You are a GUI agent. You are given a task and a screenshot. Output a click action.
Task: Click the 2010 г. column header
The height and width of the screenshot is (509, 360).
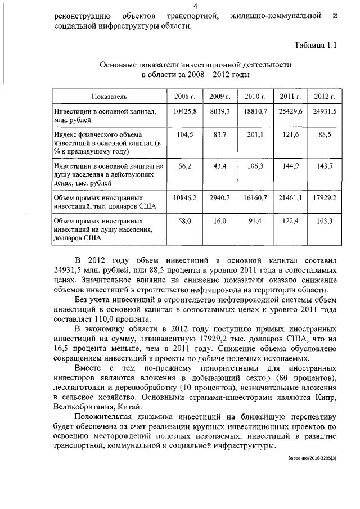click(x=255, y=97)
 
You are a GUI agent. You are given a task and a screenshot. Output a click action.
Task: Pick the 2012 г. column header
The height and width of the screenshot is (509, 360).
click(x=325, y=97)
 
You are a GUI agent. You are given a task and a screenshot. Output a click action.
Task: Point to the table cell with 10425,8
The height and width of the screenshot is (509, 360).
click(x=184, y=112)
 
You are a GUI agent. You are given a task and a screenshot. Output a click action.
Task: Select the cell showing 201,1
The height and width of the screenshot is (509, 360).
click(x=255, y=136)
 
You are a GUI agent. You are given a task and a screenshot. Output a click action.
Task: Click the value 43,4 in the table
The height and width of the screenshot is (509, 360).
click(x=220, y=167)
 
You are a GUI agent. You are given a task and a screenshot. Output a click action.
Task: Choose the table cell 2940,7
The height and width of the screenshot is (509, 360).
click(x=220, y=198)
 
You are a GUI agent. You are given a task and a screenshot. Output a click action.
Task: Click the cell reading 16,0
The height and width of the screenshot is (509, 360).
click(x=220, y=222)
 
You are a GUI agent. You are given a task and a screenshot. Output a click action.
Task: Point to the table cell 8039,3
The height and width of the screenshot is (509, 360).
click(x=220, y=112)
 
